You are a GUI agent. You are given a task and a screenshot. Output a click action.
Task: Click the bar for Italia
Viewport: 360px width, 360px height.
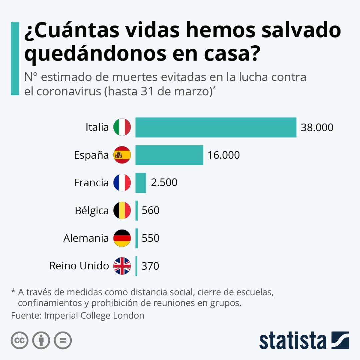coord(216,127)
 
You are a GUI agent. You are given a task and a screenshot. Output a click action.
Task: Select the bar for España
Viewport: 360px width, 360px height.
coord(169,155)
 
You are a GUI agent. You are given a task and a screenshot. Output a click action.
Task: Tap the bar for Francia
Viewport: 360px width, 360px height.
coord(141,183)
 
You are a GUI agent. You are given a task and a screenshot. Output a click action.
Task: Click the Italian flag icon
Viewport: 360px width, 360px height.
coord(122,127)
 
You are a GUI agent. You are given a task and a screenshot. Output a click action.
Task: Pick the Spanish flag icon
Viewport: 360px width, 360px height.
coord(122,155)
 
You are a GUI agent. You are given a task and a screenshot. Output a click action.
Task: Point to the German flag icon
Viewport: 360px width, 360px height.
coord(122,238)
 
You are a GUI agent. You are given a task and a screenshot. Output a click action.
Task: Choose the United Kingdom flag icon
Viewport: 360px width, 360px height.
coord(122,266)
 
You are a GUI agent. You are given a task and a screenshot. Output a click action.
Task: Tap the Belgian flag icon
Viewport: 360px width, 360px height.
coord(122,210)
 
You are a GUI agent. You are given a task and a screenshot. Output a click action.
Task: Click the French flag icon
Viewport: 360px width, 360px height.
coord(122,183)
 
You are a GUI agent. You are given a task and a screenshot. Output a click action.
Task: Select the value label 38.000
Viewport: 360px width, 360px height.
coord(317,127)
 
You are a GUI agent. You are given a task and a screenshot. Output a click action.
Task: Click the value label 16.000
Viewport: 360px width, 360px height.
coord(223,155)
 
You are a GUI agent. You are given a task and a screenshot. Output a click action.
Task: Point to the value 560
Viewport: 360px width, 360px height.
coord(150,210)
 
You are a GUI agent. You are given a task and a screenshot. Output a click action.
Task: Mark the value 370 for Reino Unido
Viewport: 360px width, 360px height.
coord(150,266)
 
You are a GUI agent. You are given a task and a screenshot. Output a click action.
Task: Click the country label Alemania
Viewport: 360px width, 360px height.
coord(86,238)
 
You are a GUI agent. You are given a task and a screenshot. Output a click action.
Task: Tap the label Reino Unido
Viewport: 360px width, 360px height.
coord(79,266)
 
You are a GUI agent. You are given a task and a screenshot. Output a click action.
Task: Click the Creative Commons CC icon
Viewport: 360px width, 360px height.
coord(19,340)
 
